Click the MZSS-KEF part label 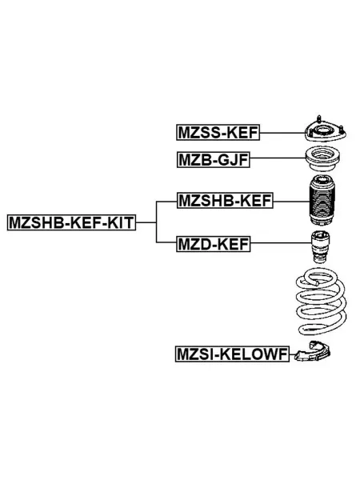[218, 133]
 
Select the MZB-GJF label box [213, 159]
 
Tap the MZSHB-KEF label [225, 201]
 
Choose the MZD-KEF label [214, 244]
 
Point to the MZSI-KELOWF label [232, 354]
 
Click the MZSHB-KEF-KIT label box [71, 222]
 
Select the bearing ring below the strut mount [323, 159]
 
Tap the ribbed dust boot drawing [322, 201]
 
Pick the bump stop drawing [320, 247]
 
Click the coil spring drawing [321, 302]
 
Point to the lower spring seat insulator [313, 352]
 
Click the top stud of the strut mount [319, 118]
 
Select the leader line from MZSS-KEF [282, 133]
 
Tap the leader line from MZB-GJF [278, 158]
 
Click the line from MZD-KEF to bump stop [281, 243]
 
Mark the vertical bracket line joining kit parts [157, 222]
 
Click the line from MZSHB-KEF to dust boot [292, 202]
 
